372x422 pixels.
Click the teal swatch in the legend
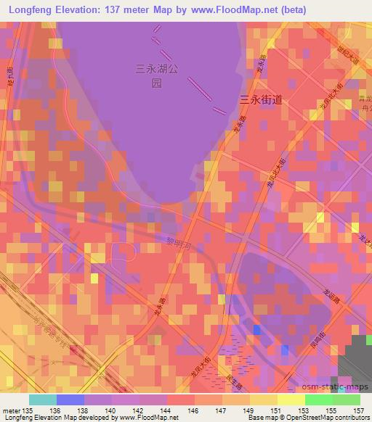pyautogui.click(x=42, y=399)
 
